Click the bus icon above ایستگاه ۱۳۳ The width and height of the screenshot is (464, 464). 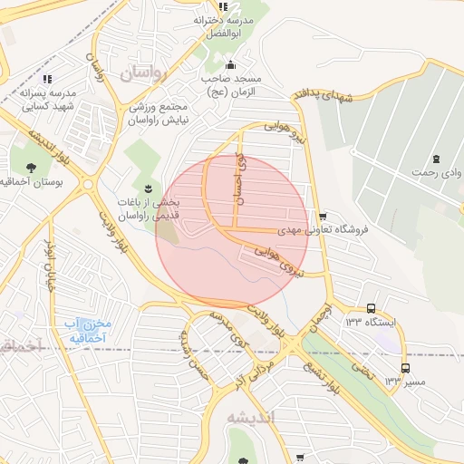(372, 308)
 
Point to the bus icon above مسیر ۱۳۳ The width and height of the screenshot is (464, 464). (404, 368)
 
